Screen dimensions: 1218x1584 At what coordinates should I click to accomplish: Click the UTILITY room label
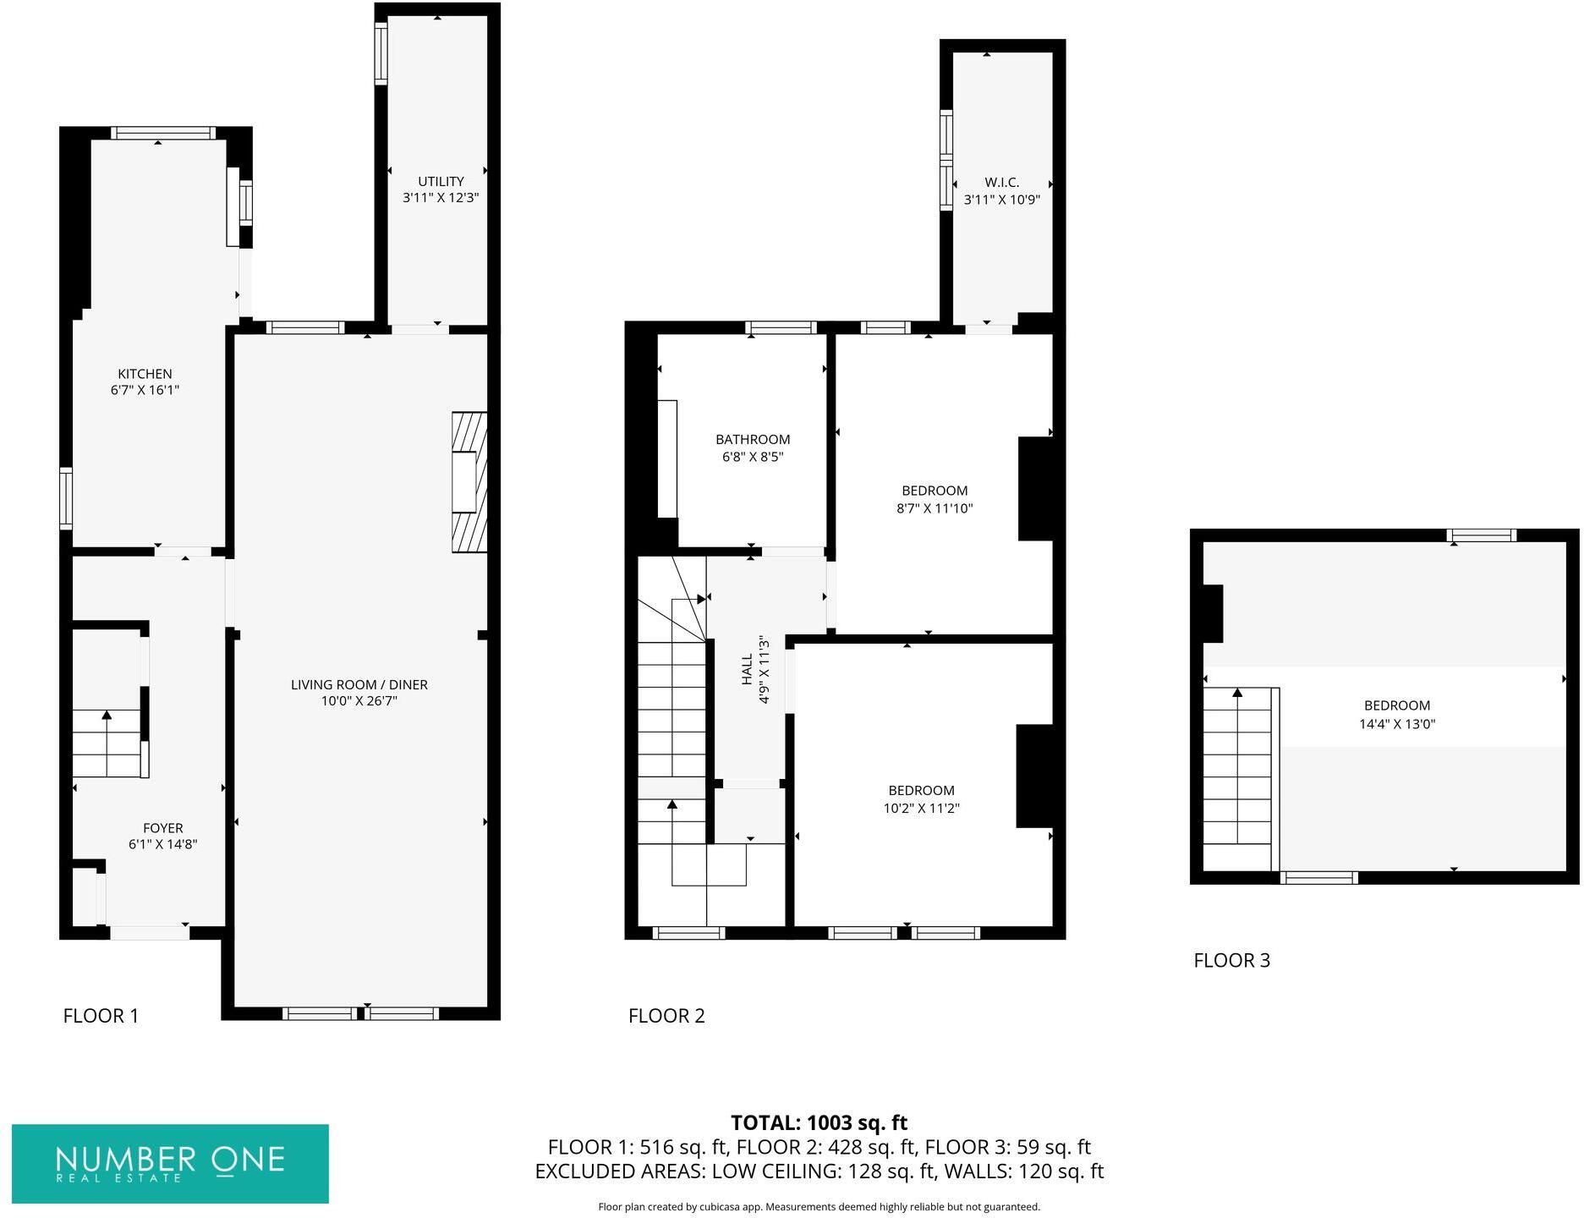coord(441,181)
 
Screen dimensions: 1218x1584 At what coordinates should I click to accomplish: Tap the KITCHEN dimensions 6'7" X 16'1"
coord(145,390)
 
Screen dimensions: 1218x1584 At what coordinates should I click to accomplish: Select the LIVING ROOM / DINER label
coord(359,684)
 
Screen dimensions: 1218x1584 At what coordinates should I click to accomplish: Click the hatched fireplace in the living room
coord(469,482)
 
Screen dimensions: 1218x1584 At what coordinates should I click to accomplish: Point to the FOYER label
coord(162,828)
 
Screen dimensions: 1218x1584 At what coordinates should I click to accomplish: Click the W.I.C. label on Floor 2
coord(1001,182)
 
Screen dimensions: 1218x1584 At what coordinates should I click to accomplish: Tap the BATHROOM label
coord(752,439)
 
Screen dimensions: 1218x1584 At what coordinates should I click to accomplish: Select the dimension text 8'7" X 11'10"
coord(935,508)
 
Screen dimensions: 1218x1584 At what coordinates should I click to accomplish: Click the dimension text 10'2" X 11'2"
coord(921,808)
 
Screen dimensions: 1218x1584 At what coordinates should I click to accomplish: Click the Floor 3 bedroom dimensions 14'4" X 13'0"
coord(1396,724)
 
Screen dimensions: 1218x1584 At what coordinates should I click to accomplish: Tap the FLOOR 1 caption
coord(101,1015)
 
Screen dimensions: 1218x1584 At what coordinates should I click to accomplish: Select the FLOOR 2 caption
coord(666,1015)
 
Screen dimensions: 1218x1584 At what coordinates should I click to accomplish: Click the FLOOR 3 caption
coord(1231,960)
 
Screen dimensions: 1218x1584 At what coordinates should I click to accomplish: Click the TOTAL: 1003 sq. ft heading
coord(818,1122)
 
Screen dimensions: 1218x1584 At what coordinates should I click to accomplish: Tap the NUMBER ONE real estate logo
coord(170,1163)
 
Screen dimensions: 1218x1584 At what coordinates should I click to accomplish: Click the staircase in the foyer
coord(107,743)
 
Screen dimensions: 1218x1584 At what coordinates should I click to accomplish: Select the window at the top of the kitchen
coord(162,133)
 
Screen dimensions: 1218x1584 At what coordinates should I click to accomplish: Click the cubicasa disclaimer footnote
coord(818,1207)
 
